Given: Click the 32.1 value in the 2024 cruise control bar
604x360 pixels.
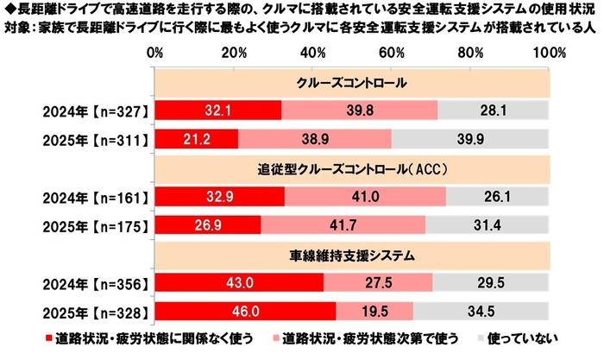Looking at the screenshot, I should [219, 111].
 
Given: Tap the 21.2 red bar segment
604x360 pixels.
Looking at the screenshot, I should [198, 139].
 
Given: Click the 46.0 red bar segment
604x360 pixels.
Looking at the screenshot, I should [247, 308].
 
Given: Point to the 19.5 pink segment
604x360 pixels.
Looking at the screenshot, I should [374, 308].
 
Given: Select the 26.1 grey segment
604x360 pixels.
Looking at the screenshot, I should [498, 195].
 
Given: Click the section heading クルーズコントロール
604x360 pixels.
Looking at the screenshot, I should [353, 84].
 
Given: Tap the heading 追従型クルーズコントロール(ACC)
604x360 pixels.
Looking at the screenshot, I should [353, 168].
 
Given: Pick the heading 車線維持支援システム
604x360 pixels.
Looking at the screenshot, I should [353, 253].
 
